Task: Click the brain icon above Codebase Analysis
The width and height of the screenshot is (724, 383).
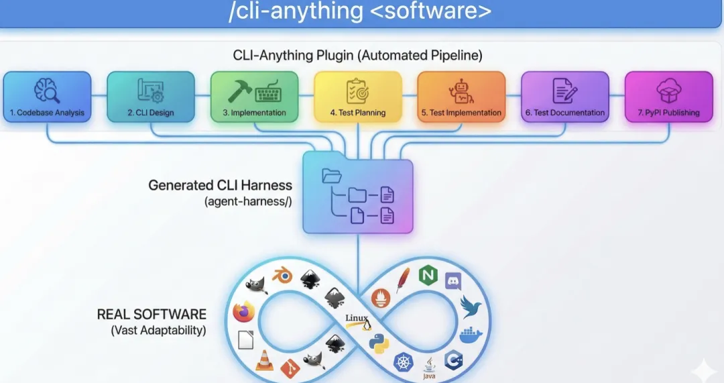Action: tap(47, 91)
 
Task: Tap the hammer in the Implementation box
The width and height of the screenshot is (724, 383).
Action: tap(239, 91)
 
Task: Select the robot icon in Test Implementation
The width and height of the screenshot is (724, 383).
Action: tap(461, 91)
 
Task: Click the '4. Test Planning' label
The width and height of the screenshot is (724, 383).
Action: tap(358, 113)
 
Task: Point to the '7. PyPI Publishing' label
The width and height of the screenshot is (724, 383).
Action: tap(668, 113)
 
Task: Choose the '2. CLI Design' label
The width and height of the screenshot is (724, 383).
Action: tap(151, 113)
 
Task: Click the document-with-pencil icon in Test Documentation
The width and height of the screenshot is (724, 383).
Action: tap(564, 91)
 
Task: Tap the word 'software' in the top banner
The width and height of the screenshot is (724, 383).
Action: tap(431, 11)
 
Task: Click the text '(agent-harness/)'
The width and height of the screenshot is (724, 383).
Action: tap(248, 201)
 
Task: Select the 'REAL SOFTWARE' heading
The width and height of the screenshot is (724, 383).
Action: tap(152, 314)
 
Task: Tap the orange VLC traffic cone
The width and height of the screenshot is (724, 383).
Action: tap(264, 360)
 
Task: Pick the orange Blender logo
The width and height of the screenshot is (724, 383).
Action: tap(282, 276)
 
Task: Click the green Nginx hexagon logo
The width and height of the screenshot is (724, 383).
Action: tap(428, 276)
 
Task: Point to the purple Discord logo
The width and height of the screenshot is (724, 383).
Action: tap(453, 281)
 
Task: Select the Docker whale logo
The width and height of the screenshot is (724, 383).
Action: tap(471, 335)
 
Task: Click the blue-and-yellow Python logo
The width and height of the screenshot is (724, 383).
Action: tap(379, 343)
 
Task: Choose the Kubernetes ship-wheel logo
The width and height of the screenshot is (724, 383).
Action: tap(403, 362)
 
